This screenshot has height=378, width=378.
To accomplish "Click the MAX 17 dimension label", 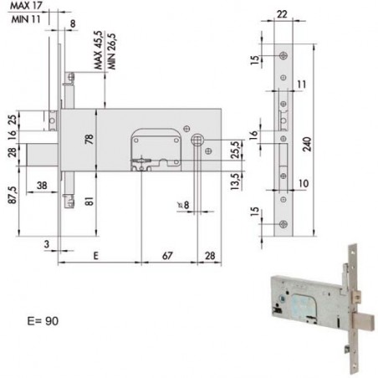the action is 26,6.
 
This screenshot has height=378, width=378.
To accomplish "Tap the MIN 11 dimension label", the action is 26,19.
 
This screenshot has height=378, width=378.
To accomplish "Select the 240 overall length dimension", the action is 307,144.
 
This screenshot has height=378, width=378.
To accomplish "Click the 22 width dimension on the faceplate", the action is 282,14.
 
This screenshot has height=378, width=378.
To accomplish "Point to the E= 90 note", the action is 43,321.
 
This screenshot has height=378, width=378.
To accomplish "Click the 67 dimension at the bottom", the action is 167,256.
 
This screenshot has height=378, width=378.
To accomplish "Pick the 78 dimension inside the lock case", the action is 89,140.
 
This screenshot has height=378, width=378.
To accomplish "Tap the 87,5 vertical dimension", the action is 13,195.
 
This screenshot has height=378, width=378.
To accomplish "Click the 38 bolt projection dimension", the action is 42,186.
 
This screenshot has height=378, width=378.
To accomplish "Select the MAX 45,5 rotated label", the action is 98,50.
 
